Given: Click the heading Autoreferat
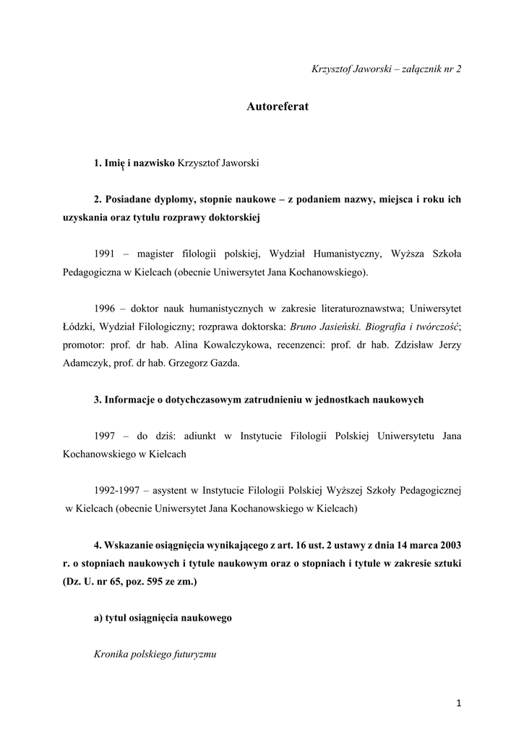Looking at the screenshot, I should point(277,106).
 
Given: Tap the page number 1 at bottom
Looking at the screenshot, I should point(458,702).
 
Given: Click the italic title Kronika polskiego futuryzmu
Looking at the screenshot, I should point(155,654).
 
